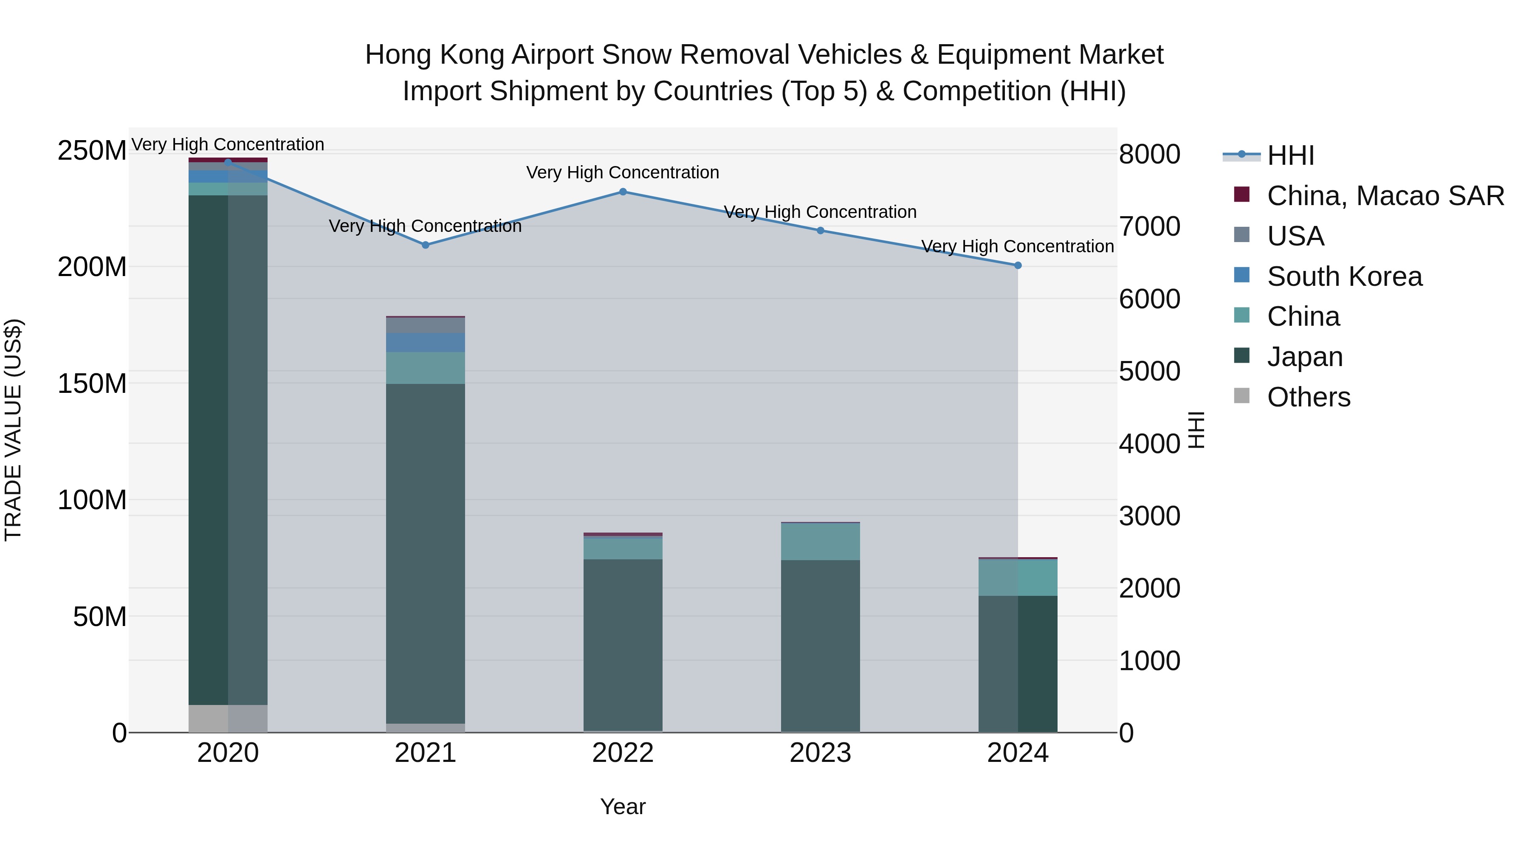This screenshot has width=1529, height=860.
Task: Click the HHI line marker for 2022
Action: [x=623, y=192]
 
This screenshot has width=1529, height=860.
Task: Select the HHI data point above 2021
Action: [x=426, y=245]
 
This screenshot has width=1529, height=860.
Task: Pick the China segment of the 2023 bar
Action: [x=820, y=541]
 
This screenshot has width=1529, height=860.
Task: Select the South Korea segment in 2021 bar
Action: [x=426, y=342]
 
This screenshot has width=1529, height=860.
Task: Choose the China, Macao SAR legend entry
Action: [x=1385, y=196]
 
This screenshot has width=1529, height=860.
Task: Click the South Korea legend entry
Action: [x=1344, y=276]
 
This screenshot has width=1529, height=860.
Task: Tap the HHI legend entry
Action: [x=1290, y=155]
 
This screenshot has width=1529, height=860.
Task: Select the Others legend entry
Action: [x=1308, y=397]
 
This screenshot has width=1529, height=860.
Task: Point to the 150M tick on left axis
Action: [x=92, y=383]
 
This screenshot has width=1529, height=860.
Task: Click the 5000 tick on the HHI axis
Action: [x=1149, y=372]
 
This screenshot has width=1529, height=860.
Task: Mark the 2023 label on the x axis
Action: [x=820, y=753]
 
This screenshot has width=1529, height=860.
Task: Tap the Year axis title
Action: [x=623, y=806]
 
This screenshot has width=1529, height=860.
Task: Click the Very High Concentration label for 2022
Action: [x=623, y=173]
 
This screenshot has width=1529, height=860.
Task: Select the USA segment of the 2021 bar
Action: [x=426, y=325]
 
